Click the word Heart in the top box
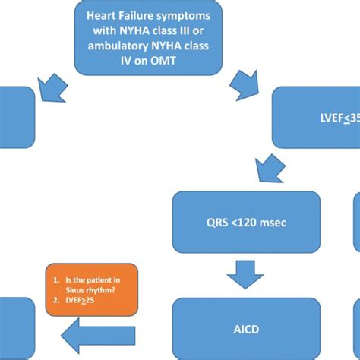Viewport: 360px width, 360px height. [x=102, y=14]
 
